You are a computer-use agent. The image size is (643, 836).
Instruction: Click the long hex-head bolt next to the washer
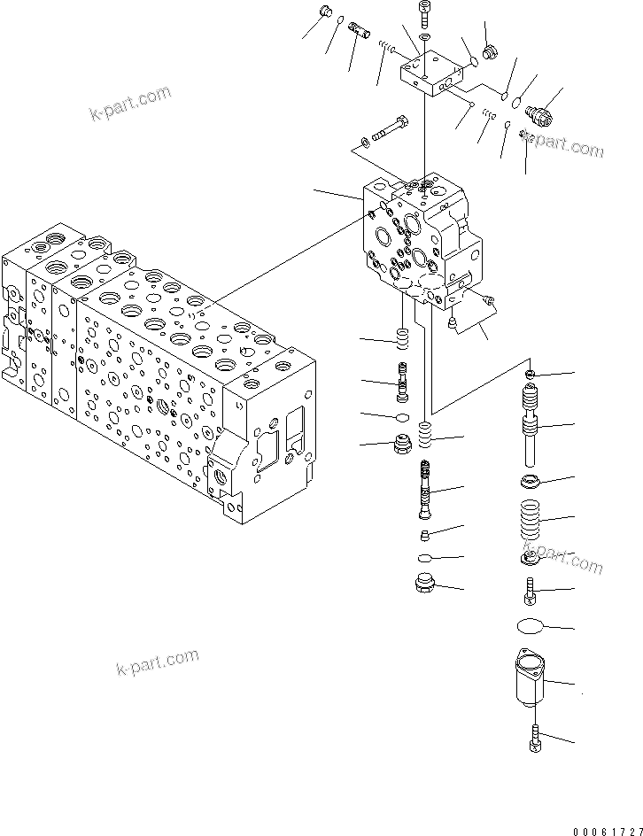pyautogui.click(x=390, y=129)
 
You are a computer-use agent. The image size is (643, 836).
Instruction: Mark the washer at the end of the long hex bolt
pyautogui.click(x=364, y=142)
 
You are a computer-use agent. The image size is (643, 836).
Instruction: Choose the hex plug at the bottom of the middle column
pyautogui.click(x=423, y=584)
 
